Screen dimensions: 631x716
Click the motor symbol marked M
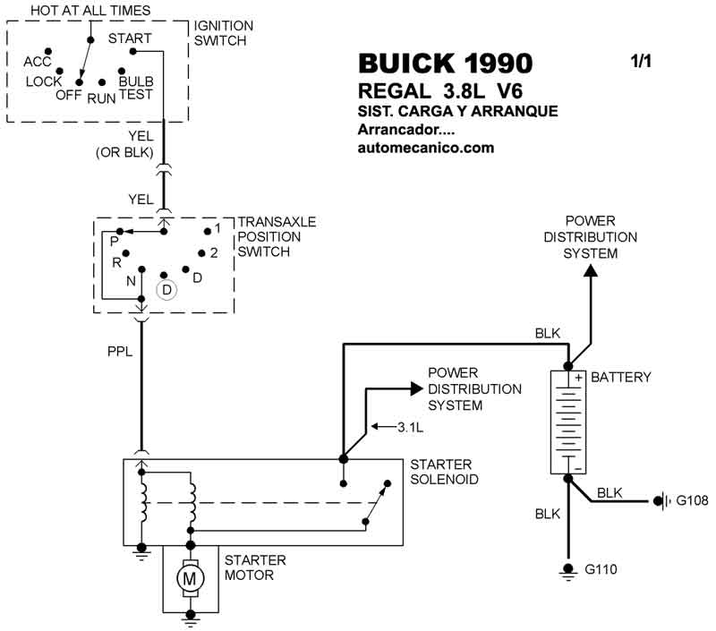[190, 578]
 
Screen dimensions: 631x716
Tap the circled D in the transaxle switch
[166, 290]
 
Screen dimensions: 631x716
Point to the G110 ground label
[601, 568]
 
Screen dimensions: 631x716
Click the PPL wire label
[119, 352]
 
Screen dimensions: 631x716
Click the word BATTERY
[621, 378]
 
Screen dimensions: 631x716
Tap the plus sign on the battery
[578, 378]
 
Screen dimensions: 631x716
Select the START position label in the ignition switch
[130, 38]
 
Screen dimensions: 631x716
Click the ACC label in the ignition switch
[38, 62]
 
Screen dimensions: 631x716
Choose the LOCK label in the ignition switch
[44, 81]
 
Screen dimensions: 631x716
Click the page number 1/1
[642, 62]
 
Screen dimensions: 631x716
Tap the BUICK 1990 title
[445, 64]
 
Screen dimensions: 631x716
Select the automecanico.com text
[425, 149]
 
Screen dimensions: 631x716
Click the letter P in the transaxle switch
[114, 242]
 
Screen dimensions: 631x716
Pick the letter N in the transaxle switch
[131, 280]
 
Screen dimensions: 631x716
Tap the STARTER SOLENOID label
[444, 473]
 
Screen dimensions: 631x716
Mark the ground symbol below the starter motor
[190, 617]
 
